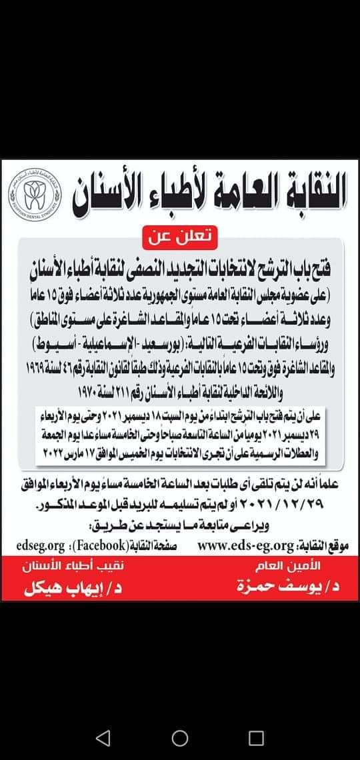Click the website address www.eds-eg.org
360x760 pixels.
[x=245, y=545]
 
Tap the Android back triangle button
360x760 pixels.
[x=102, y=737]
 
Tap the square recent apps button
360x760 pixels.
[x=257, y=737]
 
